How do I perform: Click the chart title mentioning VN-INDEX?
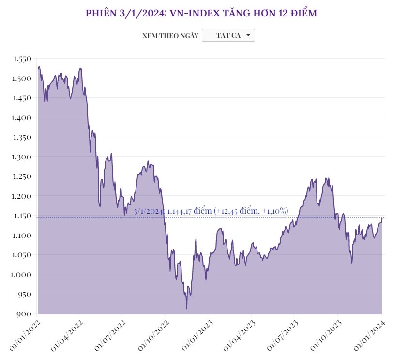(201, 13)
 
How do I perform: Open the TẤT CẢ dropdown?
(228, 35)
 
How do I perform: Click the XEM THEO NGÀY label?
(170, 36)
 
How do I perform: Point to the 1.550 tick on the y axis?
(22, 59)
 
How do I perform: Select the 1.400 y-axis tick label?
(22, 118)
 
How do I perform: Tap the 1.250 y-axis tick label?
(22, 176)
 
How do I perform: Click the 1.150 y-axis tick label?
(22, 216)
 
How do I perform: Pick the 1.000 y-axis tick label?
(22, 275)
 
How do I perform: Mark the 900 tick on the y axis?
(25, 314)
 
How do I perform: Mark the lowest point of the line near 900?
(186, 308)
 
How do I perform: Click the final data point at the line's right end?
(382, 218)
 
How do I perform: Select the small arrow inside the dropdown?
(248, 35)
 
